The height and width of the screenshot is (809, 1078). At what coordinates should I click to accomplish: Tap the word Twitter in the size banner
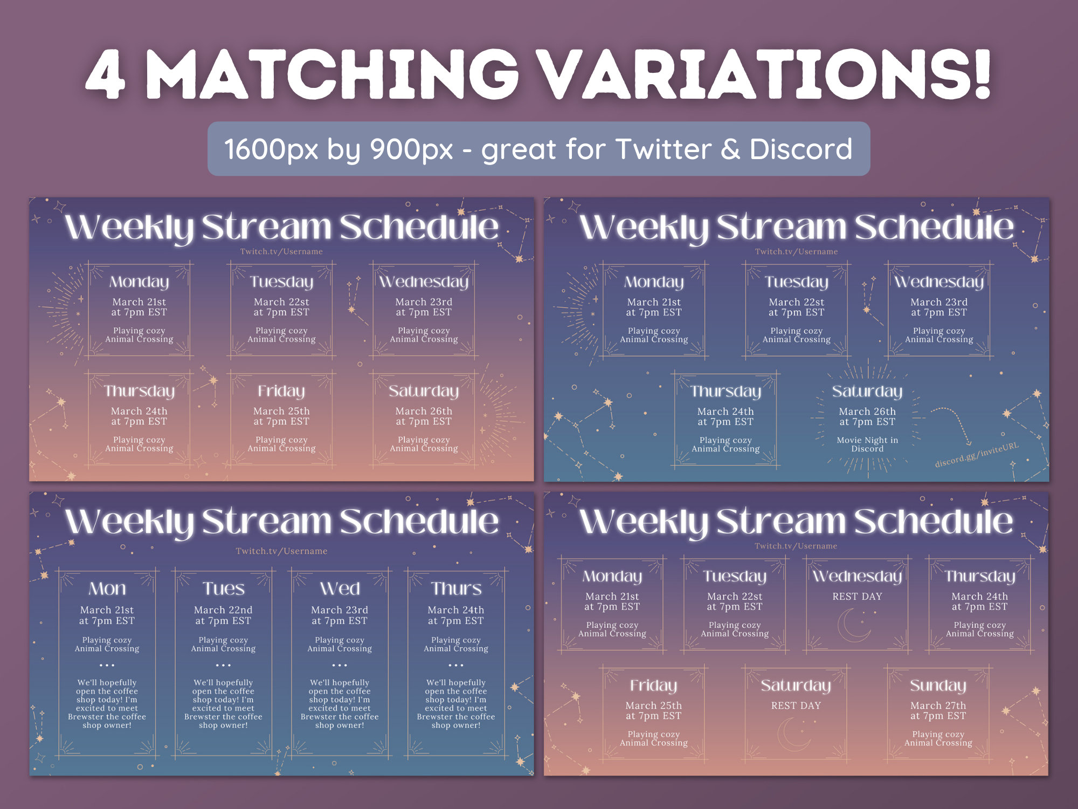click(663, 149)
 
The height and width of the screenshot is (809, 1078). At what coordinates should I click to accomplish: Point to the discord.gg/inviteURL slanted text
click(977, 455)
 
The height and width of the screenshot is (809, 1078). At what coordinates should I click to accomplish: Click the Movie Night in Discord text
click(867, 444)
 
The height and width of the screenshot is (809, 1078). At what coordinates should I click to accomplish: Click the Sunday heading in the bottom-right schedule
click(938, 685)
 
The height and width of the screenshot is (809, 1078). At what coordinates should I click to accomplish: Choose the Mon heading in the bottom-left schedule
click(107, 588)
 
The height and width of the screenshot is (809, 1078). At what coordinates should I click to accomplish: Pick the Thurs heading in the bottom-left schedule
click(456, 588)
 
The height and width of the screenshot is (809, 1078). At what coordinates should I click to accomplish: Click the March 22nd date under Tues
click(223, 610)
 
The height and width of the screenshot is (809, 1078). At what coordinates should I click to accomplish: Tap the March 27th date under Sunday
click(938, 705)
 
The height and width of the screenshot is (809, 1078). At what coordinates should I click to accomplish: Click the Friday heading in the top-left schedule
click(281, 391)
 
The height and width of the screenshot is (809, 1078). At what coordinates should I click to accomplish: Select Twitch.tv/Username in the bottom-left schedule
click(281, 551)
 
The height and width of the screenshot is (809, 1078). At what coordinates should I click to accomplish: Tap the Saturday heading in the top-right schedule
click(867, 392)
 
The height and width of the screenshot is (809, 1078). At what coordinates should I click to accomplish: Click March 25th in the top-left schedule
click(281, 411)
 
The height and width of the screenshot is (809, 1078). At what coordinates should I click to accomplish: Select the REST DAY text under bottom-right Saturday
click(796, 705)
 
